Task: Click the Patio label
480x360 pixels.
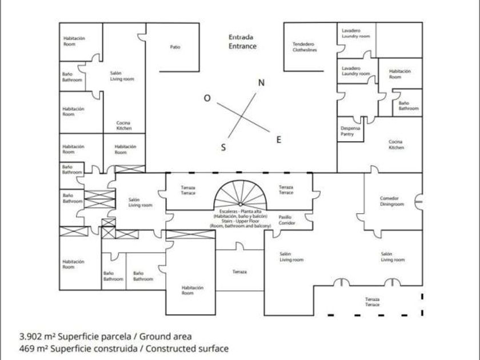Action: pyautogui.click(x=175, y=47)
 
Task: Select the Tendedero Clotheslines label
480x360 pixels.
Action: pyautogui.click(x=305, y=47)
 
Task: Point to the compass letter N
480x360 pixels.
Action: pyautogui.click(x=261, y=82)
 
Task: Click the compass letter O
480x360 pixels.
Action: pyautogui.click(x=207, y=98)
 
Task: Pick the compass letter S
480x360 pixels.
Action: pyautogui.click(x=223, y=147)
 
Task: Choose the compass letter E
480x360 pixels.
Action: pyautogui.click(x=279, y=139)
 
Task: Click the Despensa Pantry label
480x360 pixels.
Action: pyautogui.click(x=351, y=131)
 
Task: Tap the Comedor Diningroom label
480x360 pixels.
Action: pyautogui.click(x=389, y=201)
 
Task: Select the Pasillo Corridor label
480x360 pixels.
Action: pyautogui.click(x=287, y=220)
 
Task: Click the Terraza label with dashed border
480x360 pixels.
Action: pyautogui.click(x=373, y=302)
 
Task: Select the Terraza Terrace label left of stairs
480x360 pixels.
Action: pyautogui.click(x=188, y=190)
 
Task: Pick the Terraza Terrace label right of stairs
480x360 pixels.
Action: pyautogui.click(x=286, y=190)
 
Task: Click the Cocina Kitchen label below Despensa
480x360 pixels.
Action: pyautogui.click(x=396, y=145)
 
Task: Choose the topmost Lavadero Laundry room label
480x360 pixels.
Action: pyautogui.click(x=355, y=33)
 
